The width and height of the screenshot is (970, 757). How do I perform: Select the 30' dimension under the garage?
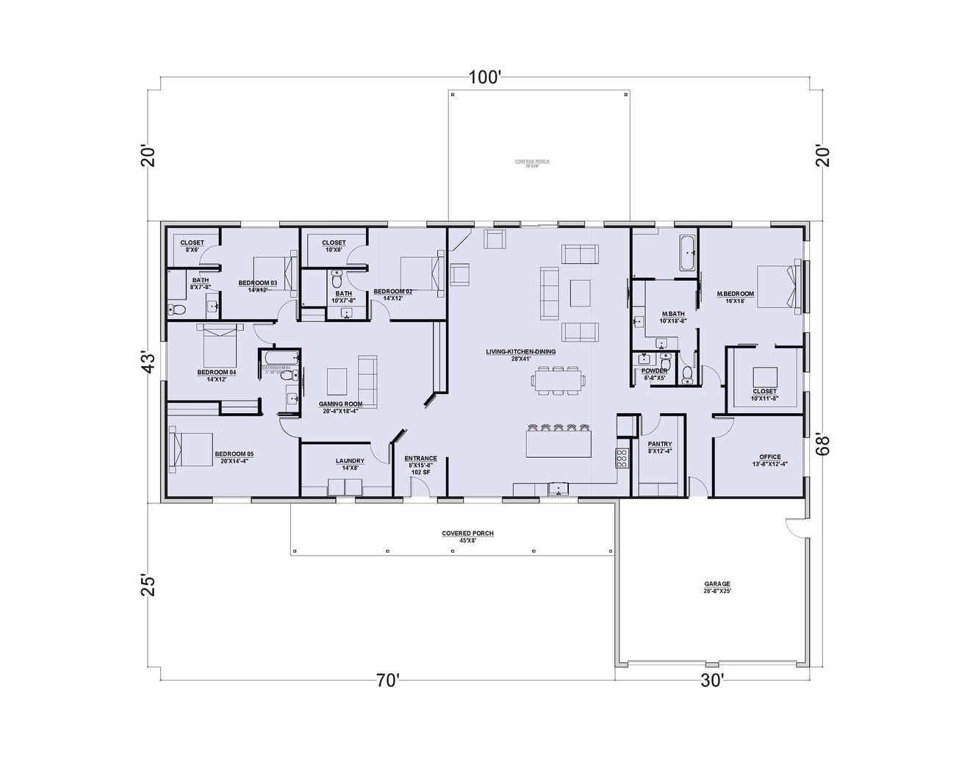(x=712, y=681)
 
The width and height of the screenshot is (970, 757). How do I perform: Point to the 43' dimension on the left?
(x=149, y=362)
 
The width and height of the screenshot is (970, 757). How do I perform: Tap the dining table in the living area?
(x=561, y=380)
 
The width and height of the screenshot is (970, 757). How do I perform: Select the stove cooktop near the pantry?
(x=622, y=458)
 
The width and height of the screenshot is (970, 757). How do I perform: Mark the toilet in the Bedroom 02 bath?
(x=337, y=280)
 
